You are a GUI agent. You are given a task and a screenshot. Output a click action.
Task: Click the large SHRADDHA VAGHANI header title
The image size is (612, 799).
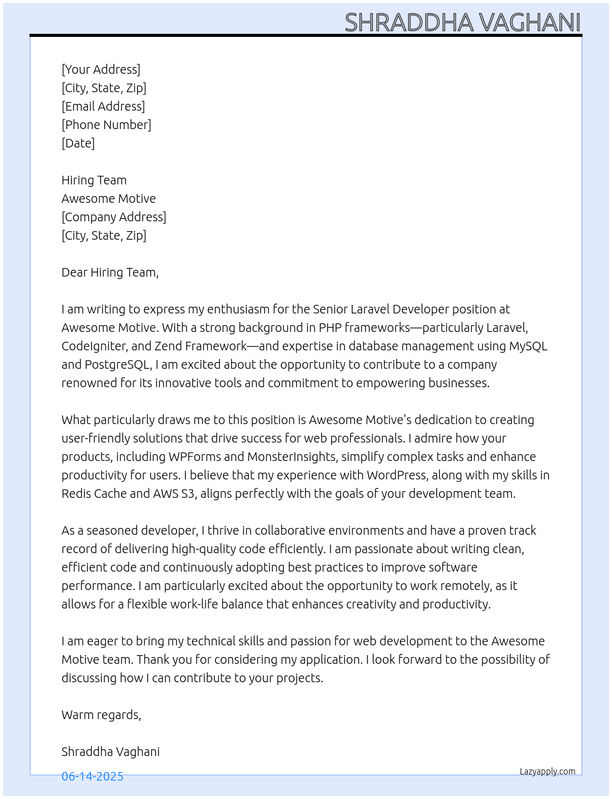click(x=462, y=23)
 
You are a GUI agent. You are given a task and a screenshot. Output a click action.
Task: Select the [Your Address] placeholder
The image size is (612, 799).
click(x=101, y=69)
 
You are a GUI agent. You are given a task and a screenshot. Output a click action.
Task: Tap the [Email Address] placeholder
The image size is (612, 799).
click(x=103, y=106)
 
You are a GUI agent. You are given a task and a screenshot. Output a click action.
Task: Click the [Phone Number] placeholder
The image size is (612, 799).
click(x=106, y=125)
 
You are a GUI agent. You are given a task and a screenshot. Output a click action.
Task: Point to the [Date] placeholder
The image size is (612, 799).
click(x=78, y=143)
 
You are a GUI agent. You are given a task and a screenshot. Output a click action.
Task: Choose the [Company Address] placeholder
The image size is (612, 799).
click(x=114, y=217)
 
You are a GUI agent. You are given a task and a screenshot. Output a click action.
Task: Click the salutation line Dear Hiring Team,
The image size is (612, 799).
click(x=110, y=272)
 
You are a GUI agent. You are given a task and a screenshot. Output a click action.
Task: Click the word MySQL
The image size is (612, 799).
click(x=528, y=346)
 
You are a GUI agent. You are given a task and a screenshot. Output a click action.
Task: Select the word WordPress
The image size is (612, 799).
click(x=396, y=475)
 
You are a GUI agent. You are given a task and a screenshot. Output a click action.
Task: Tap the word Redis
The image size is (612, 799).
click(x=76, y=494)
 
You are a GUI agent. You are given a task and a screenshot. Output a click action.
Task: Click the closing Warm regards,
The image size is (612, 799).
click(x=101, y=715)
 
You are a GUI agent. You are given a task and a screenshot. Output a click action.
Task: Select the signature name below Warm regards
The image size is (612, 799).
click(x=111, y=752)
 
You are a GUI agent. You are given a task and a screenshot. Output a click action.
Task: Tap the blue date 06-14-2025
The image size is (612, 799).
click(x=92, y=776)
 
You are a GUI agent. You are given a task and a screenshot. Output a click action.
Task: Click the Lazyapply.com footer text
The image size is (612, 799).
click(x=547, y=771)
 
